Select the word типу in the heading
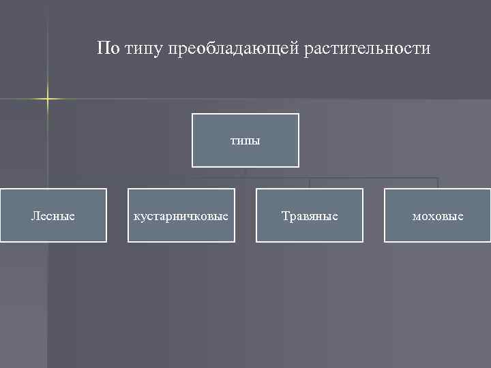146,49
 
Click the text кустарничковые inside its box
181,216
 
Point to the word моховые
438,216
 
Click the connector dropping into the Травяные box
310,183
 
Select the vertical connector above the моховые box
437,183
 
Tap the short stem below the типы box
245,172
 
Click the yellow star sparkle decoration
48,99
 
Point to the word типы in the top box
245,141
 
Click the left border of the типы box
192,140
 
